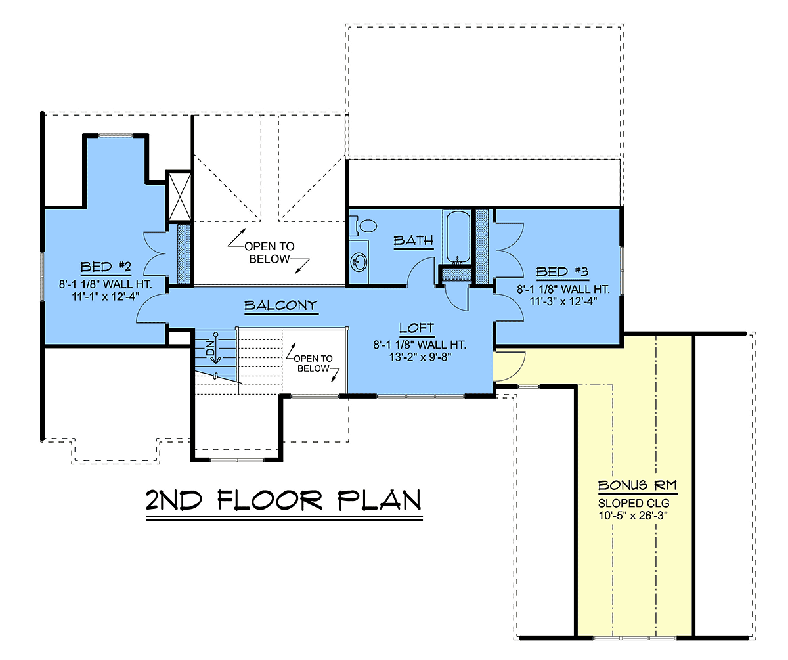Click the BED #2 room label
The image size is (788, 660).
click(106, 267)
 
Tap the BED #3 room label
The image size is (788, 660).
click(562, 272)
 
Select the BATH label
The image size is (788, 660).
click(413, 240)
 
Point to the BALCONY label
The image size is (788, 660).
click(281, 305)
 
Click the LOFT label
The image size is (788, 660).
click(416, 328)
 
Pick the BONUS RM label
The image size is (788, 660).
click(638, 485)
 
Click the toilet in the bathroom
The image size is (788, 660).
click(363, 225)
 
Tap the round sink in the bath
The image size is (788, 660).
click(359, 261)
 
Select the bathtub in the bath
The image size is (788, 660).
click(458, 237)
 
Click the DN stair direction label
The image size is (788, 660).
click(210, 347)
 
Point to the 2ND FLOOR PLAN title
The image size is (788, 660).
click(284, 500)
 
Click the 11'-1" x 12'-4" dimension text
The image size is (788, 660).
click(106, 297)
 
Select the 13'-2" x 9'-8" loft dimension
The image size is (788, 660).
click(420, 357)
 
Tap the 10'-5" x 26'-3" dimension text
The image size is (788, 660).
click(633, 516)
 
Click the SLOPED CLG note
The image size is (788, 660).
click(634, 504)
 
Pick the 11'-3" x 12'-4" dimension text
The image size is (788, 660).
click(563, 301)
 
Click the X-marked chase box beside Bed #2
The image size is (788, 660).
click(180, 196)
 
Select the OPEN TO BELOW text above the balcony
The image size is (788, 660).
click(269, 253)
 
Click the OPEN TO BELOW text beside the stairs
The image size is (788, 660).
click(313, 363)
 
